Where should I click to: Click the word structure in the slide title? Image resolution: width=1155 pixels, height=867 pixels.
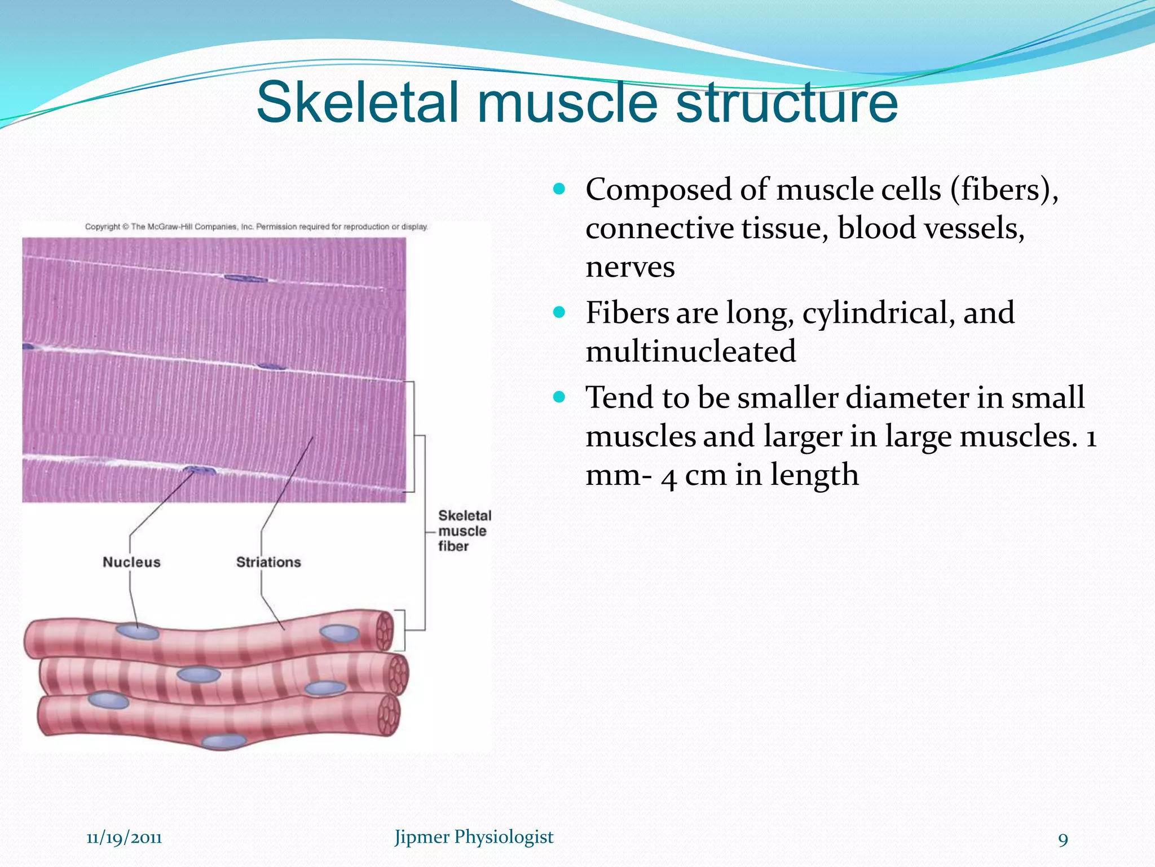click(786, 103)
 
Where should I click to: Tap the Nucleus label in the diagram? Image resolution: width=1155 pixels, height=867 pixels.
click(131, 562)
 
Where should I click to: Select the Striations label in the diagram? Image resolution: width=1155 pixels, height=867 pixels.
click(268, 562)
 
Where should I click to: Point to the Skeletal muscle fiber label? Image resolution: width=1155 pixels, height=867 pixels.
click(464, 531)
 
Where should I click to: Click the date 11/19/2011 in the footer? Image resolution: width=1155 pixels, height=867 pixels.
click(124, 837)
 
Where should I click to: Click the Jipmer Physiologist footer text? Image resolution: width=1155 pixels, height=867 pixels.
click(474, 837)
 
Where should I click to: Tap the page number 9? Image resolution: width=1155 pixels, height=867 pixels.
click(1063, 839)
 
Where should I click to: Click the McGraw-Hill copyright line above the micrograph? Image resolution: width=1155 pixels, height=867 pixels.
click(257, 227)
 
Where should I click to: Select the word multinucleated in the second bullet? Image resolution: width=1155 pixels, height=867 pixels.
click(690, 351)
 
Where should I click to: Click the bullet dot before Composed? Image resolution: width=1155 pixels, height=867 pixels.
click(559, 189)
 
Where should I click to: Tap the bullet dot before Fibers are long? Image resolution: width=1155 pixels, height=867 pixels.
click(559, 312)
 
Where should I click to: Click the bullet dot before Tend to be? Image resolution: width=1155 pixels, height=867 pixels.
click(559, 397)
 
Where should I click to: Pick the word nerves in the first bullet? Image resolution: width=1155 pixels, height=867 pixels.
click(630, 266)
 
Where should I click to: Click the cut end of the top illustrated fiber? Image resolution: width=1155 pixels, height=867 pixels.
click(385, 631)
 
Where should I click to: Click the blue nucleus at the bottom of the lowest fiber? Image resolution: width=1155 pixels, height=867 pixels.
click(224, 742)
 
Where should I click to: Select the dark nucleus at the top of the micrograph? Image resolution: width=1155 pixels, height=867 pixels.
click(245, 278)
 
